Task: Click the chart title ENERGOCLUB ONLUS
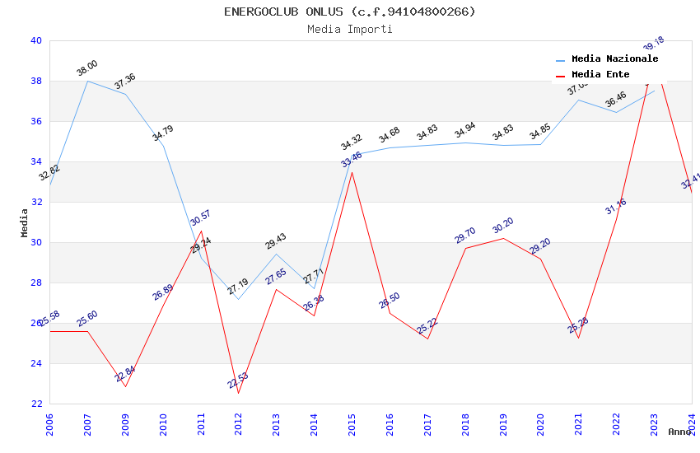point(350,12)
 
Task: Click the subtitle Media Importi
point(350,29)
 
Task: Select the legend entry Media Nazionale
point(614,58)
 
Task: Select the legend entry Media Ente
point(600,74)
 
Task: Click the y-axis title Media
point(24,222)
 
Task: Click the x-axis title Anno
point(679,432)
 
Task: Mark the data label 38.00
point(87,68)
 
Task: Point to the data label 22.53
point(238,381)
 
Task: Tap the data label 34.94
point(465,130)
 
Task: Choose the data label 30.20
point(503,226)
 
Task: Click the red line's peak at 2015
point(352,172)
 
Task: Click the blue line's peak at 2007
point(88,81)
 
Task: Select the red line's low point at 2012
point(239,393)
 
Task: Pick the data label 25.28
point(578,325)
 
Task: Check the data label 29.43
point(276,241)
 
